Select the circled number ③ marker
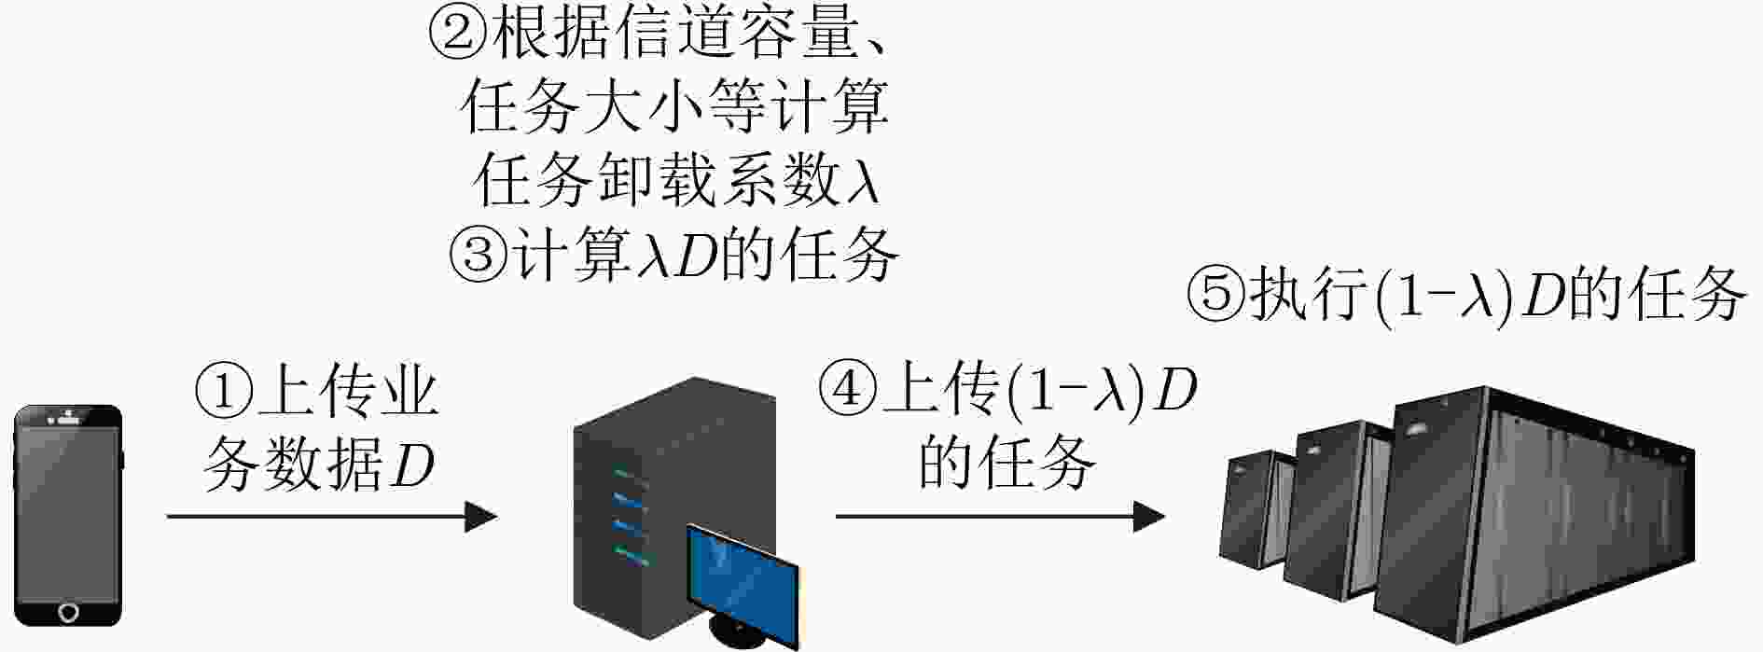(479, 255)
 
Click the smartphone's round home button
(69, 613)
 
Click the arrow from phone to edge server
(332, 516)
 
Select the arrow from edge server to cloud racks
(1000, 515)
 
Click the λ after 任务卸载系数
(863, 180)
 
